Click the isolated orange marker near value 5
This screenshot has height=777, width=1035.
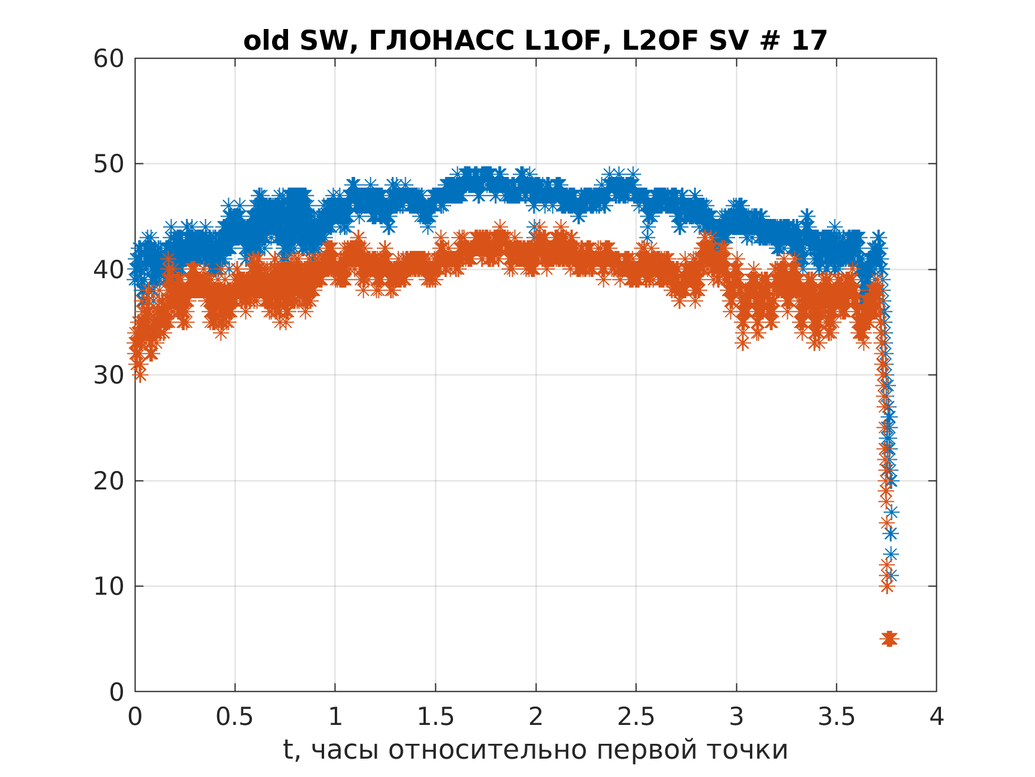pos(889,639)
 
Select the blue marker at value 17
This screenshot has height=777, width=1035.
pos(891,512)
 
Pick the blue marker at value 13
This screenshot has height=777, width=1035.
pos(891,554)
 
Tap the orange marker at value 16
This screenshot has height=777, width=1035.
pos(886,523)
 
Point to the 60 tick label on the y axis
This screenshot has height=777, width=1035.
pos(109,59)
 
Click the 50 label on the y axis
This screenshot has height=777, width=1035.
pos(109,164)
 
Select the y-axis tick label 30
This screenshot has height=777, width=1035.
pos(109,375)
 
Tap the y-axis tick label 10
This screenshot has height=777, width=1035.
pos(109,586)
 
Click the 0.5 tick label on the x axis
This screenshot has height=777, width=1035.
pos(235,717)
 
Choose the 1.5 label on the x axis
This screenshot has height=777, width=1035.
pos(435,717)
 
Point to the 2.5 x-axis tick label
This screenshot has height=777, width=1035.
pos(636,717)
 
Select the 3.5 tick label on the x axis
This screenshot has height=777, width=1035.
pos(836,717)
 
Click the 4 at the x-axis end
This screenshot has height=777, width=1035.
pos(937,717)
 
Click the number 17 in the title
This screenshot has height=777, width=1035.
pos(810,41)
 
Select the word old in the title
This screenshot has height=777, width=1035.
pos(266,41)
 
